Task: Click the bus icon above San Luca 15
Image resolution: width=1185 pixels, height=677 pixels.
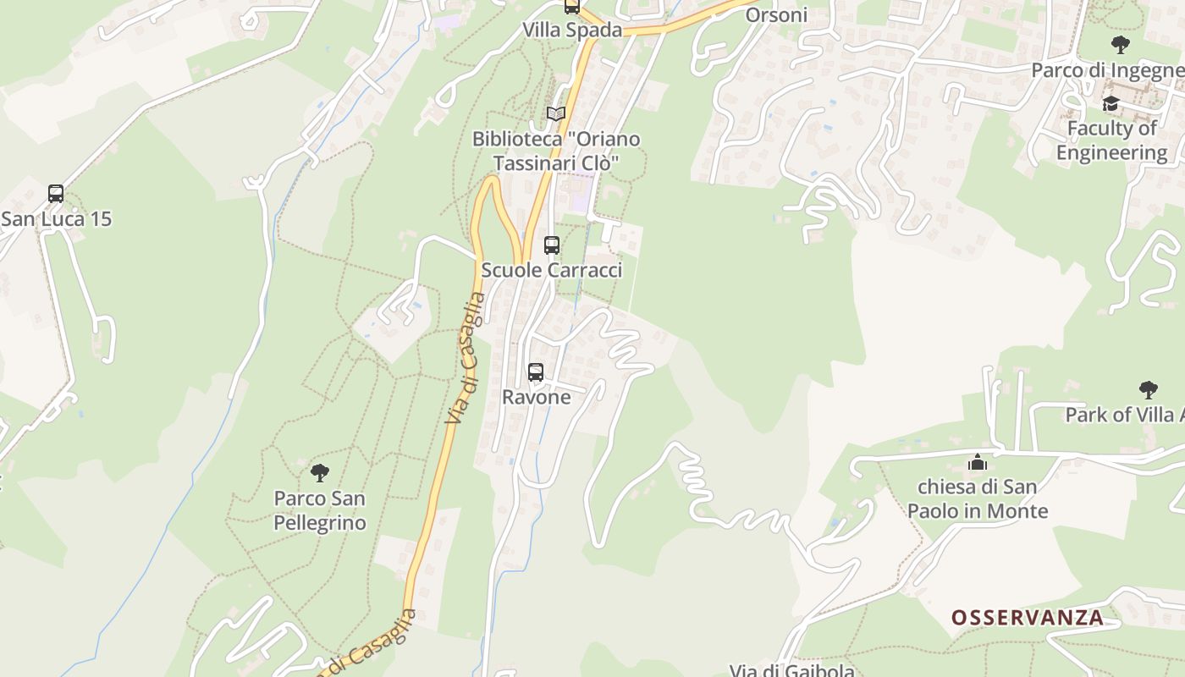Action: click(56, 194)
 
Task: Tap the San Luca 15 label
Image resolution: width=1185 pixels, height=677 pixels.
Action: click(56, 219)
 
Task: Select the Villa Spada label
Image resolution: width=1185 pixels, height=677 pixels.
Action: click(572, 30)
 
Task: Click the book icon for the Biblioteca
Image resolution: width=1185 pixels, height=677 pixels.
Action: click(556, 113)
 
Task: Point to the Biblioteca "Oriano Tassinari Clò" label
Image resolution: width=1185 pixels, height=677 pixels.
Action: click(556, 151)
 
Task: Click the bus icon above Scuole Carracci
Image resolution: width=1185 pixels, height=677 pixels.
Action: click(552, 245)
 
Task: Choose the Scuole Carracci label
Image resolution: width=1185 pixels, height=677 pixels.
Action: click(552, 270)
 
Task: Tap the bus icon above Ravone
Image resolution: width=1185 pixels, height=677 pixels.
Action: click(536, 372)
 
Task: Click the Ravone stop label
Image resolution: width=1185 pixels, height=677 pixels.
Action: click(537, 397)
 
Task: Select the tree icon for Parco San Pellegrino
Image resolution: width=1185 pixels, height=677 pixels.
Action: click(319, 472)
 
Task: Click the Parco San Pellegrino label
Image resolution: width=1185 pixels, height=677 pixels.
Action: click(320, 510)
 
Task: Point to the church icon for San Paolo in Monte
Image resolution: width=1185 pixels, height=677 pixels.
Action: click(978, 462)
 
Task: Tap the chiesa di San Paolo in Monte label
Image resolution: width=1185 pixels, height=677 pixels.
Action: click(978, 499)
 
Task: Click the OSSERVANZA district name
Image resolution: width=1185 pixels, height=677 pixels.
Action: click(1028, 618)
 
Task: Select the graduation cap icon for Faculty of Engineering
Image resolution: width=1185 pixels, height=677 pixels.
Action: click(1111, 103)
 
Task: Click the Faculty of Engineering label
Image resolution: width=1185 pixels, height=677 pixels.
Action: click(1111, 140)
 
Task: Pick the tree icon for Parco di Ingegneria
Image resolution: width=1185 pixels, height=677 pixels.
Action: click(1121, 45)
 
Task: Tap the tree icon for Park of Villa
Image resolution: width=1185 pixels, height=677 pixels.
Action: click(1148, 390)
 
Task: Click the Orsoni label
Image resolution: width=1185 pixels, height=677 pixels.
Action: click(776, 15)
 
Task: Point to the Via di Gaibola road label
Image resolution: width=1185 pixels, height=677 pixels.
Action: click(792, 670)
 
